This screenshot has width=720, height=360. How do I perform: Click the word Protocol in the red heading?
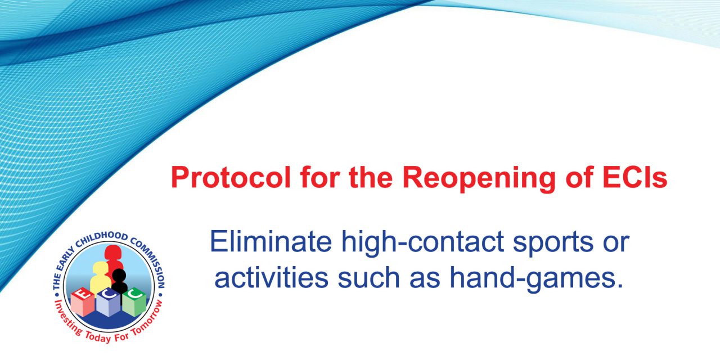tap(231, 177)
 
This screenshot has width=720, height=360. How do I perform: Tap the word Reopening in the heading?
tap(479, 179)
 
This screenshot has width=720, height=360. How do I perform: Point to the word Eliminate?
tap(271, 241)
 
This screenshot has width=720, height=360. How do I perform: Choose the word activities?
tap(271, 278)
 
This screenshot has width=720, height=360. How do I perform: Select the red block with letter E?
tap(83, 302)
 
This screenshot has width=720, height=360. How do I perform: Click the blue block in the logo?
tap(109, 303)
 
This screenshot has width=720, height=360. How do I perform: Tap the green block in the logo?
tap(134, 302)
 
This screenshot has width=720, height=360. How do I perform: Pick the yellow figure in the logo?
tap(100, 277)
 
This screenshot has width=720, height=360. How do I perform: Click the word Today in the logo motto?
tap(98, 337)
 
